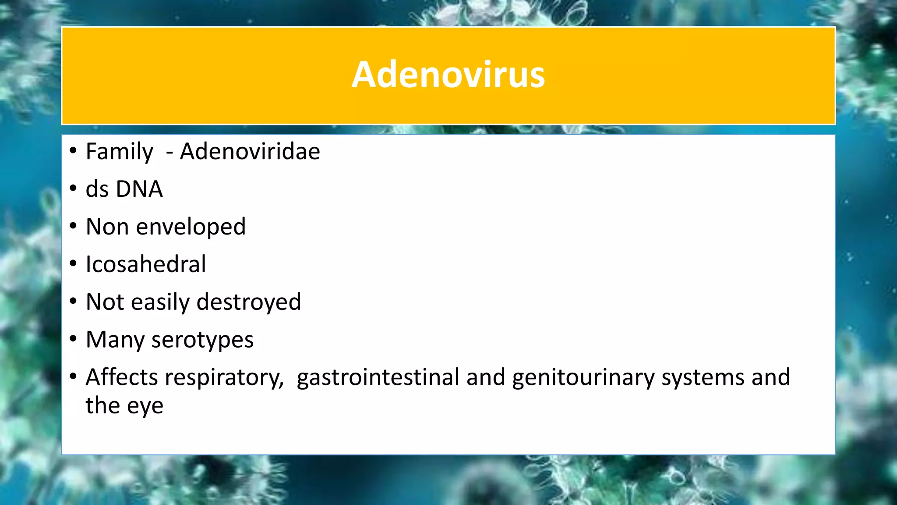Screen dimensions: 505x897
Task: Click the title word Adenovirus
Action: pyautogui.click(x=448, y=75)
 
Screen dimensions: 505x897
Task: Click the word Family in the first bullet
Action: pyautogui.click(x=119, y=152)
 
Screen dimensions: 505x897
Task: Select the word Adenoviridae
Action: pyautogui.click(x=250, y=152)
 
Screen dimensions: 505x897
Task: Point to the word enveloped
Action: pyautogui.click(x=191, y=227)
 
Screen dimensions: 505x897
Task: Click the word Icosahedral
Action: pyautogui.click(x=145, y=264)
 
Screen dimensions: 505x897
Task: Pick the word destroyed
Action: pyautogui.click(x=249, y=302)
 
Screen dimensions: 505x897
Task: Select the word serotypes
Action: pyautogui.click(x=202, y=340)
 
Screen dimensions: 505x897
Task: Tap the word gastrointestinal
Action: pyautogui.click(x=378, y=377)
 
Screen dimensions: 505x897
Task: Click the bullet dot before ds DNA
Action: pyautogui.click(x=73, y=189)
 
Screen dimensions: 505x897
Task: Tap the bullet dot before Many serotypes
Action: pyautogui.click(x=73, y=339)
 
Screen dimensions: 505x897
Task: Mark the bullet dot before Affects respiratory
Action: pyautogui.click(x=73, y=377)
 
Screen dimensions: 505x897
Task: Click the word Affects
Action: pyautogui.click(x=122, y=377)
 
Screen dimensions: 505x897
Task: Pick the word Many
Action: pyautogui.click(x=115, y=340)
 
